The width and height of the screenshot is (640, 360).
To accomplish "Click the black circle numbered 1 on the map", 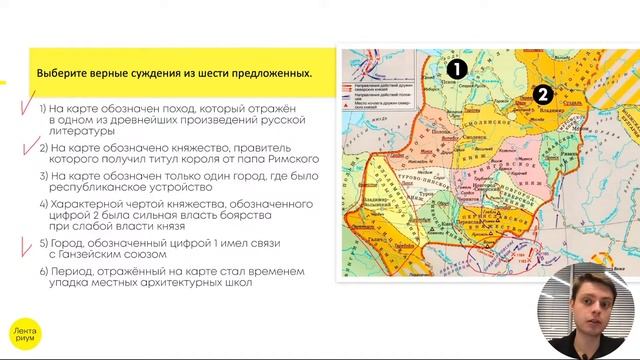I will (456, 69).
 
